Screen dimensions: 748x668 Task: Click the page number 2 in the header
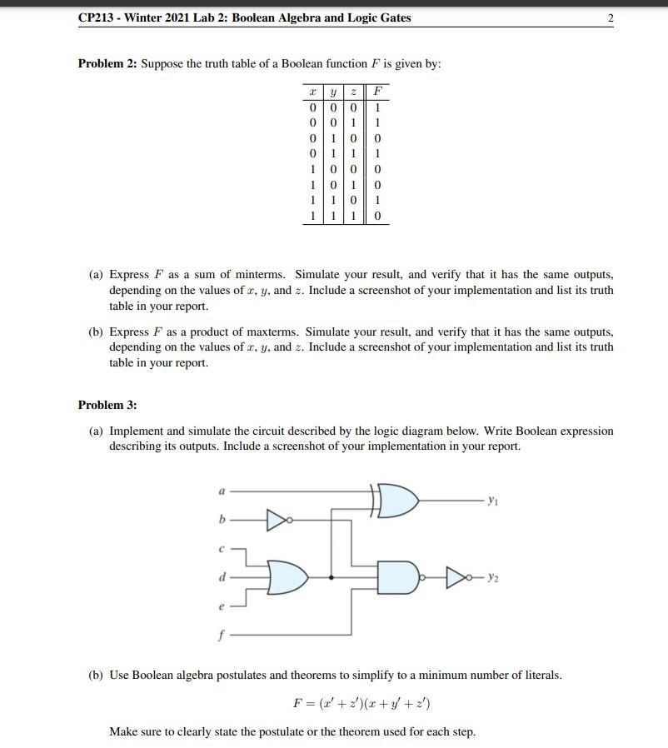611,17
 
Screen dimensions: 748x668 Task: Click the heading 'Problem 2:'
107,64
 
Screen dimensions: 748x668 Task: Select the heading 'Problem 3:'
107,405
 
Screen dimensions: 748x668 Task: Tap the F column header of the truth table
378,91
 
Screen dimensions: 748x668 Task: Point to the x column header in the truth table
312,91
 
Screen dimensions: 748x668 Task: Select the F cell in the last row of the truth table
378,217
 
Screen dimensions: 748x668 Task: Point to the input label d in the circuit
221,576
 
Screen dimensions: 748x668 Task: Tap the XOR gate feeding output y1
398,500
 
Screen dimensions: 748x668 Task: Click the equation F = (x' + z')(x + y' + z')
361,704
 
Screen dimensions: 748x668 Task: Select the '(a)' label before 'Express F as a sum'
97,275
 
